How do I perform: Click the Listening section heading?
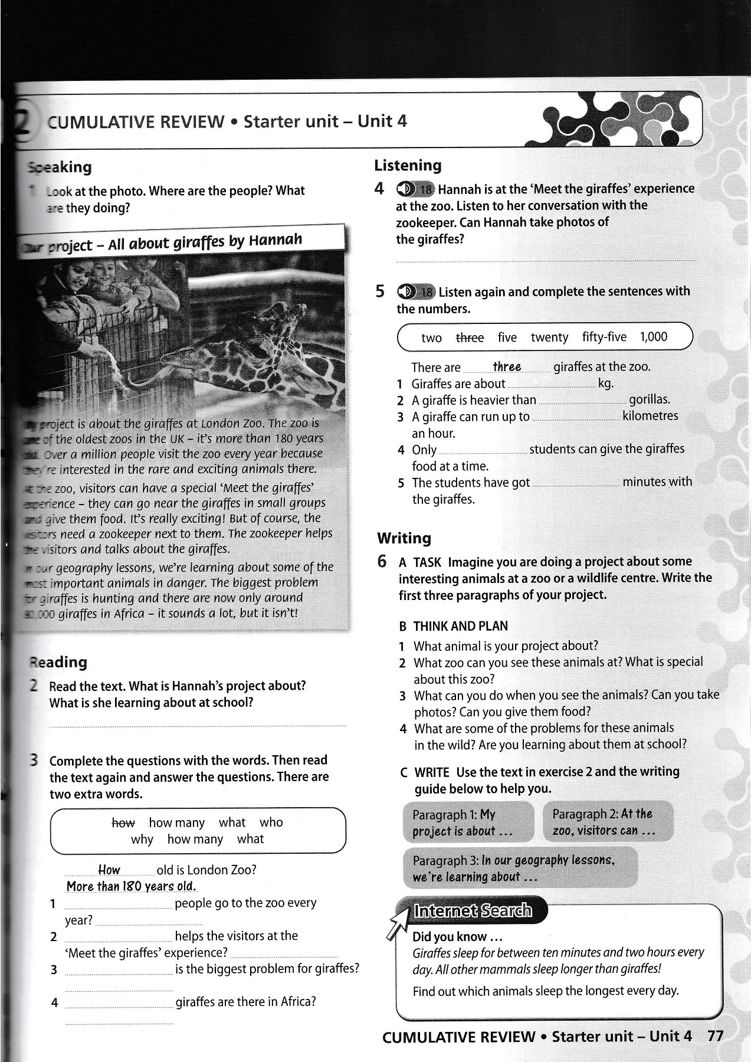point(408,166)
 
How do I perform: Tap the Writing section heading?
point(404,538)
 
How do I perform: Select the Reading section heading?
point(58,662)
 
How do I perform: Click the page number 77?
point(714,1036)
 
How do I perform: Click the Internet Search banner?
point(472,910)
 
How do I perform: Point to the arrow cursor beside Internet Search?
point(398,922)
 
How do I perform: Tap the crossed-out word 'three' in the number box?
point(470,337)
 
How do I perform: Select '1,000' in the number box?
point(653,337)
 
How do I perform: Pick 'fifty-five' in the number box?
point(604,337)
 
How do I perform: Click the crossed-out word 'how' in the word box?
point(123,822)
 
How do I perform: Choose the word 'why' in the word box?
point(142,839)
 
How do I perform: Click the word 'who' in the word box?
point(271,822)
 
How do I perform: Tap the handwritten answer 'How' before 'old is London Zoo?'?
point(109,870)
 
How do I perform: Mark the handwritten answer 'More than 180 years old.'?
point(132,886)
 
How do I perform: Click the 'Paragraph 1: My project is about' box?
point(468,822)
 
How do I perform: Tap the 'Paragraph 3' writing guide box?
point(520,868)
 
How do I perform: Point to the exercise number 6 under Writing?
point(382,561)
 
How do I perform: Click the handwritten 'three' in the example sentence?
point(507,366)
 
